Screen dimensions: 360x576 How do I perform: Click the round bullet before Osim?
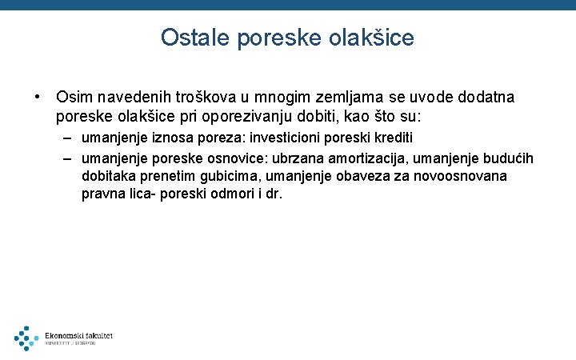(37, 97)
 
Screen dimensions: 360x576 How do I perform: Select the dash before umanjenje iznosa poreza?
(69, 138)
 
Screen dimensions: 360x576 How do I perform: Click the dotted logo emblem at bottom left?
(26, 338)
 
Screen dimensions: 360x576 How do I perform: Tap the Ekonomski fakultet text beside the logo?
(78, 335)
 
